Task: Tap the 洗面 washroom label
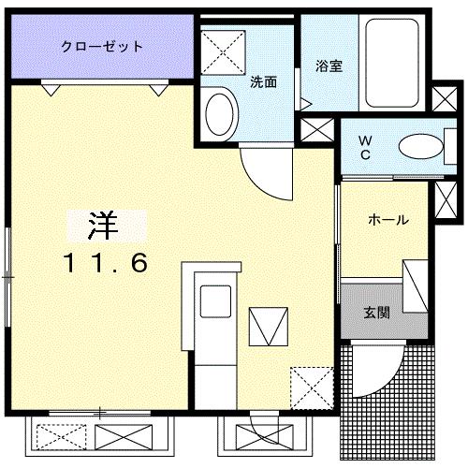pyautogui.click(x=263, y=81)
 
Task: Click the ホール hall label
pyautogui.click(x=387, y=221)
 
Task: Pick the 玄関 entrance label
pyautogui.click(x=377, y=313)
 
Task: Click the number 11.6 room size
pyautogui.click(x=105, y=264)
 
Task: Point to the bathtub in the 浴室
pyautogui.click(x=397, y=62)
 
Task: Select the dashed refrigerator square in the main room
pyautogui.click(x=310, y=384)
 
